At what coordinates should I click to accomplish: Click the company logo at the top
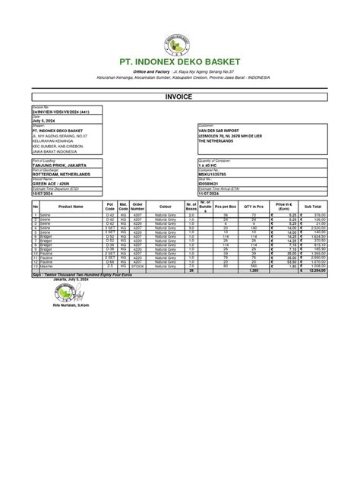click(180, 36)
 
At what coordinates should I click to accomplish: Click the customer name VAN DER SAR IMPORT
click(222, 128)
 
